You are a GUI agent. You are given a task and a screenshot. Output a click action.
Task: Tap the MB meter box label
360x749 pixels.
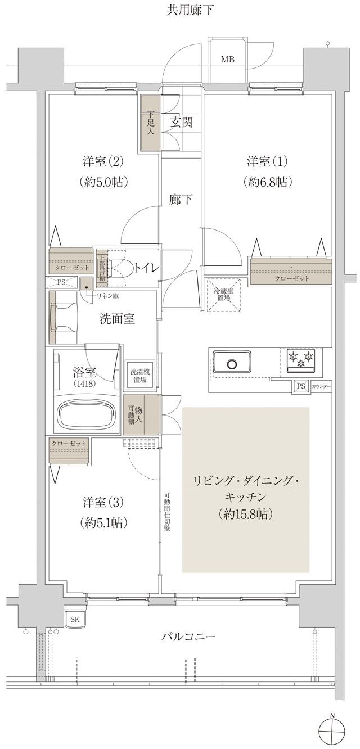(x=227, y=60)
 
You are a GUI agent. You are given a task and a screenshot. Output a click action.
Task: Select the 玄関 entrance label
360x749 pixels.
(x=182, y=121)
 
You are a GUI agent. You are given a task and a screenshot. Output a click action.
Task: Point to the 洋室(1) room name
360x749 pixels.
(x=267, y=161)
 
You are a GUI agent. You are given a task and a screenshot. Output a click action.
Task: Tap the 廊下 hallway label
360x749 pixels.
(x=181, y=200)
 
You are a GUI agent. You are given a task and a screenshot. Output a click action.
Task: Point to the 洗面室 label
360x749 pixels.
(x=116, y=318)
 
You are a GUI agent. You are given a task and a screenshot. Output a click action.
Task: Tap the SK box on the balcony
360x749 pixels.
(x=75, y=620)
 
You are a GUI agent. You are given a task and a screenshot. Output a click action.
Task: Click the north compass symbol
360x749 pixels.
(x=332, y=732)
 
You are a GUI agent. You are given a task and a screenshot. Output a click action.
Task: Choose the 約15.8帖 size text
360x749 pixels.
(x=245, y=513)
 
